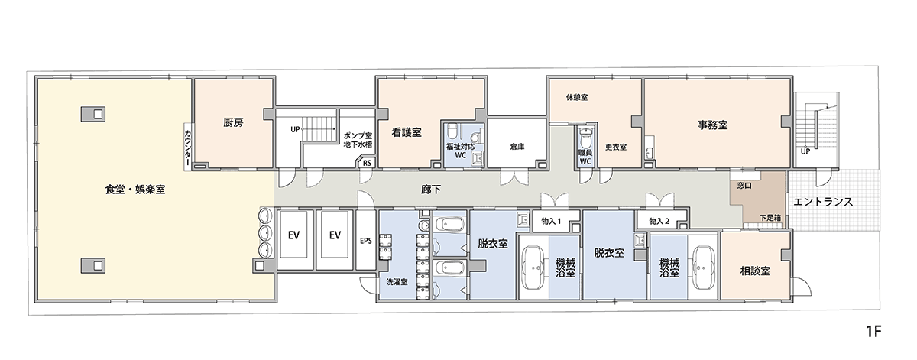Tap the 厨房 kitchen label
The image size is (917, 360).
point(233,122)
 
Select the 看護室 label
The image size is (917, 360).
point(407,132)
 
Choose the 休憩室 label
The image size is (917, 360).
point(575,98)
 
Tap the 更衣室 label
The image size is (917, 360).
point(616,147)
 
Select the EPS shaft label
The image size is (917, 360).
point(365,240)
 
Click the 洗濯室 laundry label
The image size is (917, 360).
point(396,282)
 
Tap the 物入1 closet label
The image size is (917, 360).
point(550,221)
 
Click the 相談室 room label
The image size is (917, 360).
point(754,271)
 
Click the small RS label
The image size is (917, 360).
point(367,163)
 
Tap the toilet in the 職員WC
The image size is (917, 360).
point(585,140)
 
